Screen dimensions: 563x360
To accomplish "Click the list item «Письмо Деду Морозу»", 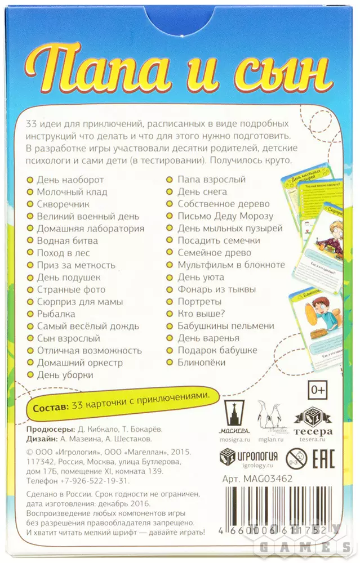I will point(225,216).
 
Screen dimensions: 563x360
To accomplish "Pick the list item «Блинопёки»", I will point(201,363).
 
